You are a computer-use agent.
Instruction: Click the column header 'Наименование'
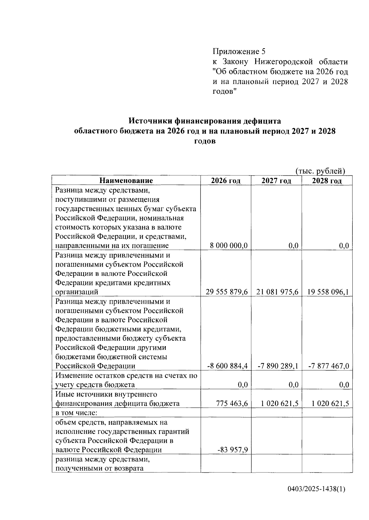126,181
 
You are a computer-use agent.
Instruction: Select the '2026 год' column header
226,181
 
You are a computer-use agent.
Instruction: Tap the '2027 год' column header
276,181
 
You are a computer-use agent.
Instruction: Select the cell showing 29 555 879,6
227,292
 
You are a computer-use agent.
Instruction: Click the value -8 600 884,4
227,366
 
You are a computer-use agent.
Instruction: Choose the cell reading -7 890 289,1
278,366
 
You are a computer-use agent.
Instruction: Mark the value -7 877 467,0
328,366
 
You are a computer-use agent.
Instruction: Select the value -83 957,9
233,450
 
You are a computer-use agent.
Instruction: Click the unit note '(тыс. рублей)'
320,171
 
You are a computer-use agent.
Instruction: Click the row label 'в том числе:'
78,412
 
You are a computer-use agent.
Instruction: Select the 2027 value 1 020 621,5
280,404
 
